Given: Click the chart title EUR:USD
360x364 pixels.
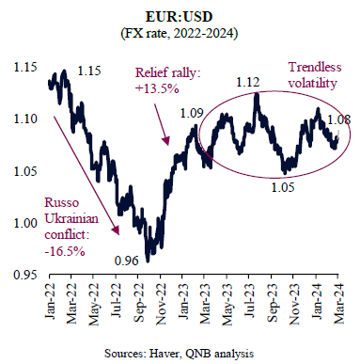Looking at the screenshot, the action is (180, 17).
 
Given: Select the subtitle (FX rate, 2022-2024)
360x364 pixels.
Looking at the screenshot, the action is (180, 33).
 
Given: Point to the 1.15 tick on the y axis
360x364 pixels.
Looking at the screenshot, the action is (25, 67).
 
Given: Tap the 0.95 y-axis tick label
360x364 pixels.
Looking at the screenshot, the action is (25, 275).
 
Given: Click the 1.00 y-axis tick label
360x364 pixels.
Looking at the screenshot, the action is (25, 223).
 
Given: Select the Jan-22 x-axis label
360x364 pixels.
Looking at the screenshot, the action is (51, 302).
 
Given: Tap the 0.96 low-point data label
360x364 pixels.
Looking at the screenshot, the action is (127, 261).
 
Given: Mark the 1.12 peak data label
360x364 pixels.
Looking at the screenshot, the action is (248, 82).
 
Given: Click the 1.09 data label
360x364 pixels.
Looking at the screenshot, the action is (192, 113).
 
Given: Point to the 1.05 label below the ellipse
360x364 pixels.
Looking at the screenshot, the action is (283, 187).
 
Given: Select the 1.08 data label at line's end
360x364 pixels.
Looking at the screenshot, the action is (339, 119).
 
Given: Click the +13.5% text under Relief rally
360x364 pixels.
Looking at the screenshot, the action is (157, 89).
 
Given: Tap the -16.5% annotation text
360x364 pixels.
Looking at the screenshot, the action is (65, 251).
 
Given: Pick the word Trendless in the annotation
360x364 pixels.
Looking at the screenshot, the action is (315, 67).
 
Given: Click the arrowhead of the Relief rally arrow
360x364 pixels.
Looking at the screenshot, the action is (167, 143).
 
